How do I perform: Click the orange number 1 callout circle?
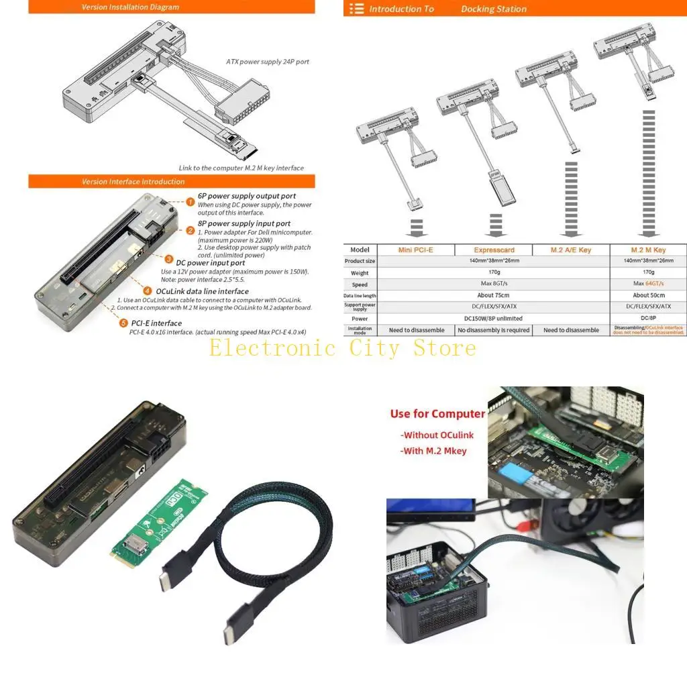coord(191,201)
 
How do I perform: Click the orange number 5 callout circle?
coord(123,323)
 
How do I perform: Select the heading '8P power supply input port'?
coord(244,223)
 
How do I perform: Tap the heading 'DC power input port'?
coord(211,263)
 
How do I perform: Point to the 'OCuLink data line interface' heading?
coord(202,291)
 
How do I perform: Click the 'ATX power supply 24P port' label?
coord(267,62)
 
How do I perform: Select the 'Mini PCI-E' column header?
coord(415,250)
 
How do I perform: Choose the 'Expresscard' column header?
coord(493,250)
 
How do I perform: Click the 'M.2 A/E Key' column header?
coord(570,250)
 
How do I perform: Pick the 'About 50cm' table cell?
coord(649,295)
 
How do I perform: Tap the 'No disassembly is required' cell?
coord(493,330)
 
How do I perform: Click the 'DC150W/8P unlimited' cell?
coord(493,319)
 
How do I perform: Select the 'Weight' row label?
coord(360,273)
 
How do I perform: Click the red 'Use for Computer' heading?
coord(437,414)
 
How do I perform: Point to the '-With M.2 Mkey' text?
coord(433,451)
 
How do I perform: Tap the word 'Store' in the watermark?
coord(444,348)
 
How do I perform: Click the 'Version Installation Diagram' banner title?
coord(130,7)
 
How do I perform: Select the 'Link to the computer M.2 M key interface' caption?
coord(241,168)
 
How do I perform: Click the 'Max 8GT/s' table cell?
coord(493,284)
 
